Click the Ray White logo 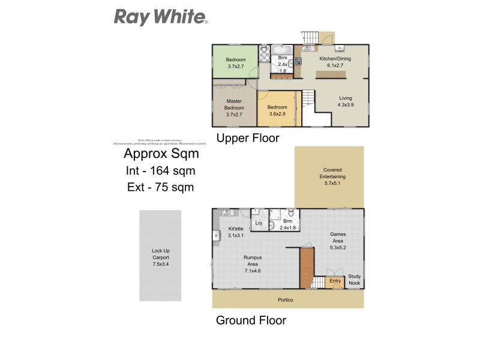tap(161, 17)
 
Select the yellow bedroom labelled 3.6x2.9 tap(277, 109)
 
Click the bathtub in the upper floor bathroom tap(281, 49)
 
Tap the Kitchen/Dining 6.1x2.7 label tap(331, 62)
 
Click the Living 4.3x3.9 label tap(346, 101)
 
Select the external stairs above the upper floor tap(311, 37)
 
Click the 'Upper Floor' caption tap(247, 139)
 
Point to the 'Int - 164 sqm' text tap(161, 170)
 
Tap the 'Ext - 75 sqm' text tap(161, 187)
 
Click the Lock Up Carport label tap(160, 257)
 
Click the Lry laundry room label tap(259, 223)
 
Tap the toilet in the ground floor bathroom tap(290, 213)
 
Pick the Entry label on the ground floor tap(335, 281)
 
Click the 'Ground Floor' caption tap(251, 320)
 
